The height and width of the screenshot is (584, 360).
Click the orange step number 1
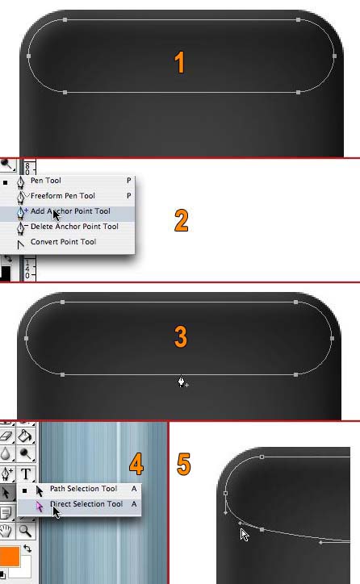coord(180,62)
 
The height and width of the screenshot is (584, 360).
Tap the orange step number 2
coord(181,220)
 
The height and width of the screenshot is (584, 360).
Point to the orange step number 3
coord(181,336)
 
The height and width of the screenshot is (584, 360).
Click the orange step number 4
coord(136,464)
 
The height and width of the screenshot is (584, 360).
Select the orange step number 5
coord(184,464)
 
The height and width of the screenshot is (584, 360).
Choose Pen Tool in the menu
coord(45,181)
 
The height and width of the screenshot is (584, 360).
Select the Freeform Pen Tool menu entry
coord(63,196)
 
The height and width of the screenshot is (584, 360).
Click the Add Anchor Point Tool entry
coord(70,211)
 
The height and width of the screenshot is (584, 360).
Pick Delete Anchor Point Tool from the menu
coord(74,227)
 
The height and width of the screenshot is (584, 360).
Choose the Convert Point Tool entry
coord(63,242)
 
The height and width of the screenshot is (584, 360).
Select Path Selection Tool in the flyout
coord(83,489)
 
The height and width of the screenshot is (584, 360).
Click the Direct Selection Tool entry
coord(86,504)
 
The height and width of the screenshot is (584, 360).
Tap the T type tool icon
coord(25,474)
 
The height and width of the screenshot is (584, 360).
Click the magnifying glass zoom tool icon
coord(25,531)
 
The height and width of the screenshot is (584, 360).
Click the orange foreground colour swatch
coord(10,556)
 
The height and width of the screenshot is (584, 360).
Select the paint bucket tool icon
coord(25,436)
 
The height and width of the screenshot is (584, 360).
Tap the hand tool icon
coord(6,531)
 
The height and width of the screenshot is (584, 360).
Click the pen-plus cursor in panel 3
coord(182,382)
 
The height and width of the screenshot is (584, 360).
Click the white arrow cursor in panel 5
coord(245,535)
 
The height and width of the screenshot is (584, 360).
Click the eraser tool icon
coord(6,436)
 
